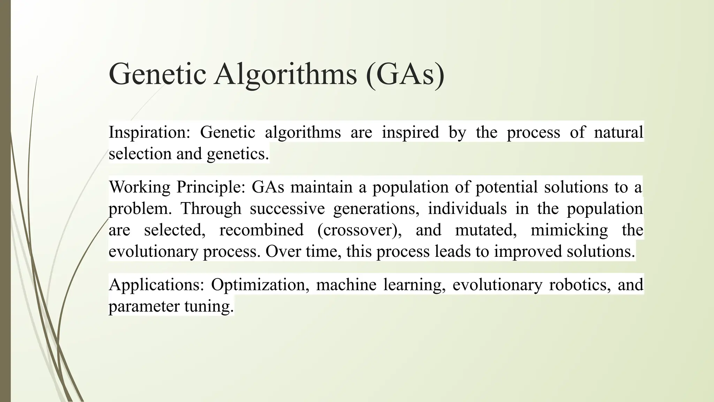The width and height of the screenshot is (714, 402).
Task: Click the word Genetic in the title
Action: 157,74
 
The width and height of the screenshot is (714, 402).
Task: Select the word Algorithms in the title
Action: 286,74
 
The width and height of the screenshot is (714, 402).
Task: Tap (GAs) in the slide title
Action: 405,74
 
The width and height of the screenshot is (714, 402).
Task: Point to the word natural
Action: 618,133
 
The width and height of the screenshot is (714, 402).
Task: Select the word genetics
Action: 238,154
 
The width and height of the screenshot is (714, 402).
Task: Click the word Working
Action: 139,187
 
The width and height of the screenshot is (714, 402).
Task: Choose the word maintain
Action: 321,187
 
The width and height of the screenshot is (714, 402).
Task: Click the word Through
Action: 211,209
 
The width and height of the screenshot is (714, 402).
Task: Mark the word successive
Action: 287,209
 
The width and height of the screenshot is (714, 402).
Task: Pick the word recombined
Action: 261,230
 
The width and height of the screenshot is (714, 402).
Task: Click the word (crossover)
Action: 359,230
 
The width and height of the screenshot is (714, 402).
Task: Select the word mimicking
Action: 569,230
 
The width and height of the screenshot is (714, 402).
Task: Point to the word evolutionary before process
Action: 153,252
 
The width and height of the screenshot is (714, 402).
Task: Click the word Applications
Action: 156,285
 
